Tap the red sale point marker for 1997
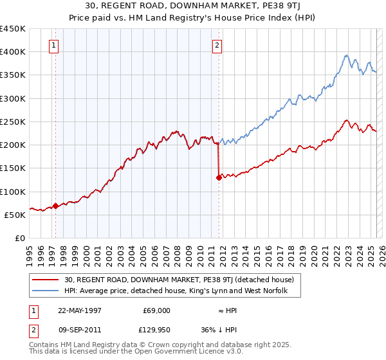(x=56, y=206)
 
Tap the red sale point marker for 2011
(x=219, y=178)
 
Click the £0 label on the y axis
(x=19, y=239)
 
